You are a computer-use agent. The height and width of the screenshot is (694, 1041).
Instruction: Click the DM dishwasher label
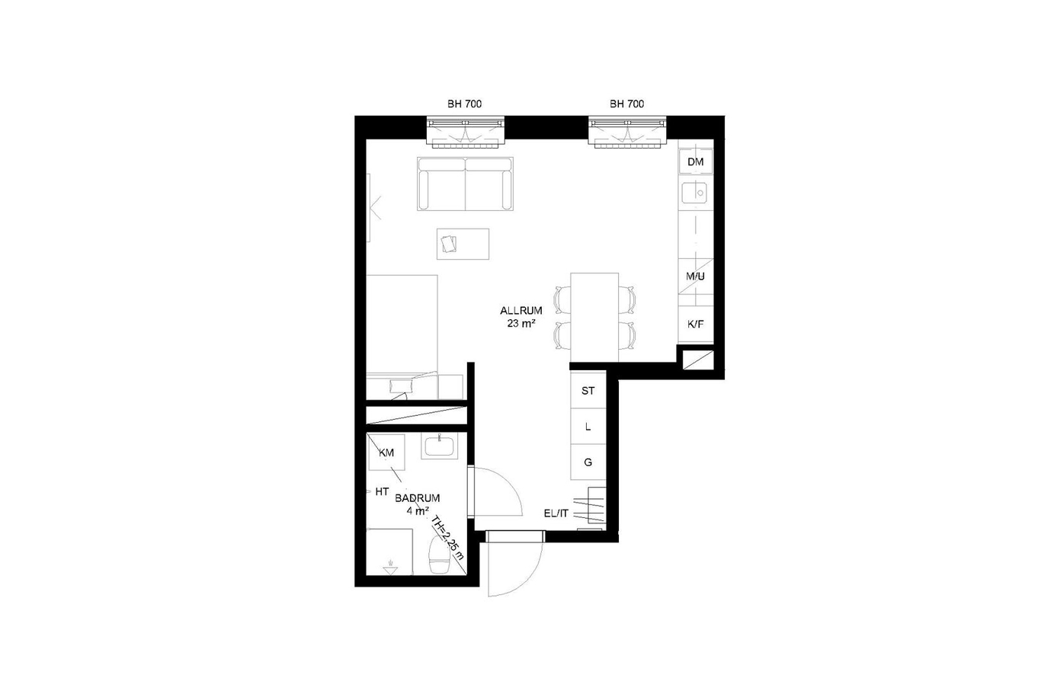click(x=695, y=162)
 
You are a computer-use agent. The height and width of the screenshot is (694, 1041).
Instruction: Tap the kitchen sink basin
click(x=695, y=193)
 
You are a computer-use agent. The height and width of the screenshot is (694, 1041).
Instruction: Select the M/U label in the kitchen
click(x=695, y=277)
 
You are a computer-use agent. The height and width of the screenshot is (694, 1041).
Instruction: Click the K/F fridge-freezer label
click(x=695, y=325)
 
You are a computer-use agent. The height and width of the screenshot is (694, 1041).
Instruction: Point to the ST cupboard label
click(x=588, y=391)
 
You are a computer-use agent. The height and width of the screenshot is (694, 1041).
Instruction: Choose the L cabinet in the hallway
click(x=588, y=427)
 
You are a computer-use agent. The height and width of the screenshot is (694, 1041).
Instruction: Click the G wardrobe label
click(x=588, y=462)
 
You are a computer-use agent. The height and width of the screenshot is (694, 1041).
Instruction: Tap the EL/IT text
click(x=556, y=513)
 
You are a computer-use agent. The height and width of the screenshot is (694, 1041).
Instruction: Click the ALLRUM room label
click(x=521, y=310)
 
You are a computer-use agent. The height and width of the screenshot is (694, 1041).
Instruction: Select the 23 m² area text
click(x=521, y=323)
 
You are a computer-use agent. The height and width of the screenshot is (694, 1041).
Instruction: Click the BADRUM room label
click(x=418, y=498)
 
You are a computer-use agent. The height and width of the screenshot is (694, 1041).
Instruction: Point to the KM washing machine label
click(x=386, y=453)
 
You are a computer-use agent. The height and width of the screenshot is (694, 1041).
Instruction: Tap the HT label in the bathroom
click(x=382, y=491)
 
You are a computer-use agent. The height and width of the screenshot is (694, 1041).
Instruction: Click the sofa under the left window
click(x=465, y=184)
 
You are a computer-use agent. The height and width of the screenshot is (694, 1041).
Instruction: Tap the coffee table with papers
click(x=463, y=244)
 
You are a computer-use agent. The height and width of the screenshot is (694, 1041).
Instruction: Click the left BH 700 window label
click(x=465, y=104)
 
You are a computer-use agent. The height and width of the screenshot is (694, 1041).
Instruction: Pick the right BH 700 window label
click(x=627, y=104)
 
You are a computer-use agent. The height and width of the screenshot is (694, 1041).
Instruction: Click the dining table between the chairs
click(x=594, y=317)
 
